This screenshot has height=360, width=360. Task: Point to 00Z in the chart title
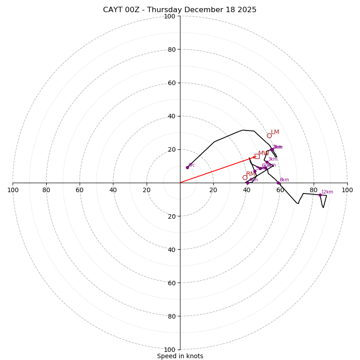click(x=134, y=10)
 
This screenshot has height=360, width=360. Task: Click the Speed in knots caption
click(x=180, y=356)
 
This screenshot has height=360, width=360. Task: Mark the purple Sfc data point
click(x=187, y=167)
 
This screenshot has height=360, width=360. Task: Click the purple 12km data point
click(x=320, y=195)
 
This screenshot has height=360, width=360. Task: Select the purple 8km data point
click(x=278, y=183)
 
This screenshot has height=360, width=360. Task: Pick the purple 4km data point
click(x=247, y=183)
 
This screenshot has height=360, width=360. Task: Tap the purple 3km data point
click(x=267, y=162)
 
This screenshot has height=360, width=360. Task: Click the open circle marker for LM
click(x=269, y=135)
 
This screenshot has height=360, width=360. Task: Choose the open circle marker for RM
click(x=245, y=177)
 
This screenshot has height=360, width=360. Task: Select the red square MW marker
click(x=257, y=156)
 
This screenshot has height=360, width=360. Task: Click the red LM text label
click(x=275, y=132)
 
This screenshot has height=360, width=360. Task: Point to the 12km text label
click(x=327, y=192)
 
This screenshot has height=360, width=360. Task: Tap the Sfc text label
click(x=191, y=165)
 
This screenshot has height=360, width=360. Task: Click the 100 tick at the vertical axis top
click(x=169, y=16)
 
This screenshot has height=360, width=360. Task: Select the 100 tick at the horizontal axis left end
click(x=13, y=190)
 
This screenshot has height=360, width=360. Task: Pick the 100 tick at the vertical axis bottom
click(x=169, y=350)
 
